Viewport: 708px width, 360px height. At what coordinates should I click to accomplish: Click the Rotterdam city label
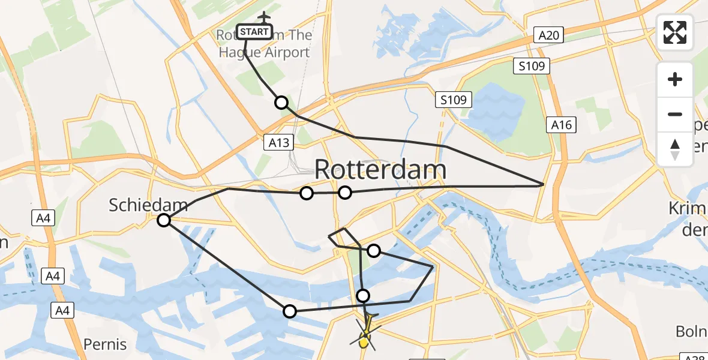pyautogui.click(x=380, y=170)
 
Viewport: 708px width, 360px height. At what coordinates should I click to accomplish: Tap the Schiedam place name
pyautogui.click(x=148, y=205)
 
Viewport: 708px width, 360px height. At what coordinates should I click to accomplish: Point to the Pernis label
pyautogui.click(x=105, y=344)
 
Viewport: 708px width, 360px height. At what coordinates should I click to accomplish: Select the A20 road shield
pyautogui.click(x=548, y=35)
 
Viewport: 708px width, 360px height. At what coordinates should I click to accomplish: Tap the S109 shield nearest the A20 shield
pyautogui.click(x=532, y=65)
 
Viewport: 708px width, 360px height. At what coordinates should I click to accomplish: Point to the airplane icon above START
pyautogui.click(x=263, y=17)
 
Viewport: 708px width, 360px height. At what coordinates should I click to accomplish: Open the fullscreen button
pyautogui.click(x=675, y=32)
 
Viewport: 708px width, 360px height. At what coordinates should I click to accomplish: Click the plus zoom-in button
pyautogui.click(x=675, y=79)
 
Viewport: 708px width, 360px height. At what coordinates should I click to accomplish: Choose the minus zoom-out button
pyautogui.click(x=675, y=114)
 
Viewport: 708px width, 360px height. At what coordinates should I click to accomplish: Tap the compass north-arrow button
pyautogui.click(x=675, y=149)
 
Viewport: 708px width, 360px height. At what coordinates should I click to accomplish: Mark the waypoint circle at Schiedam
pyautogui.click(x=164, y=221)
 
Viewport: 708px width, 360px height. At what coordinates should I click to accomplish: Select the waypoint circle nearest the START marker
pyautogui.click(x=281, y=103)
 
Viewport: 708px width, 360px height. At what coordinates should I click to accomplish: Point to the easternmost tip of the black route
pyautogui.click(x=544, y=184)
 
